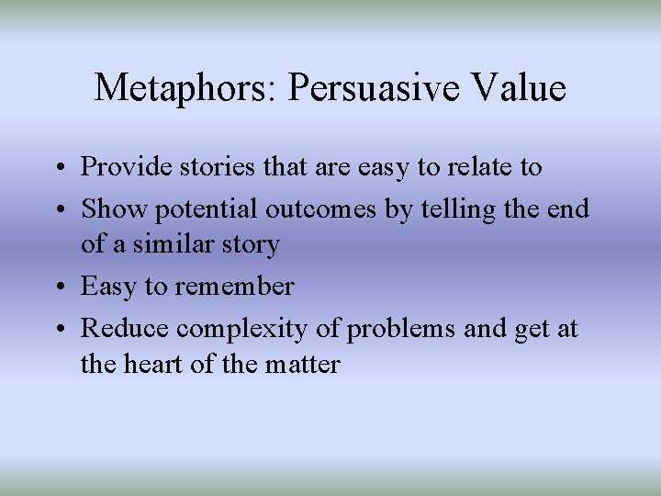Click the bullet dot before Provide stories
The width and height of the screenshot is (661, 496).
point(57,168)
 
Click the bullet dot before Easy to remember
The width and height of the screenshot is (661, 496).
point(57,287)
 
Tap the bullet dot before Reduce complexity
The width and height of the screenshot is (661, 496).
point(57,327)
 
